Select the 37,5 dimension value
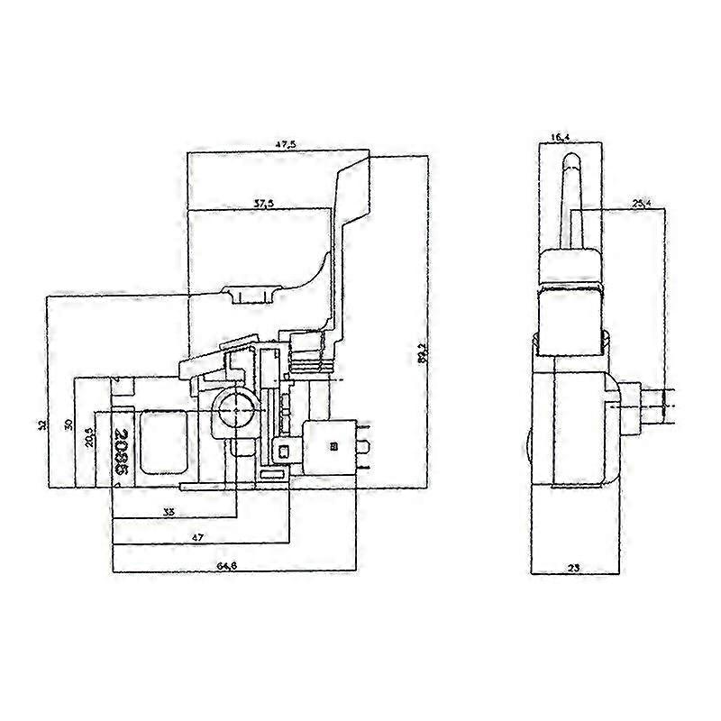coord(264,204)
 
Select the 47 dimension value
coord(197,537)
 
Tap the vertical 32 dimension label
coord(42,424)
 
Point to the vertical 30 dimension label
coord(69,424)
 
